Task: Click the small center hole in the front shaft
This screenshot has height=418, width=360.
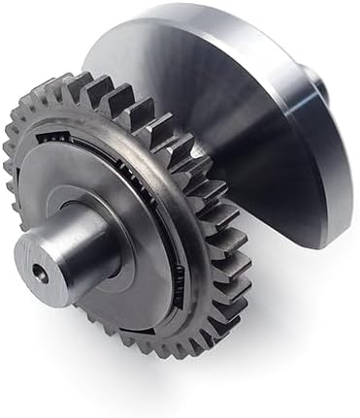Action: tap(37, 274)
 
